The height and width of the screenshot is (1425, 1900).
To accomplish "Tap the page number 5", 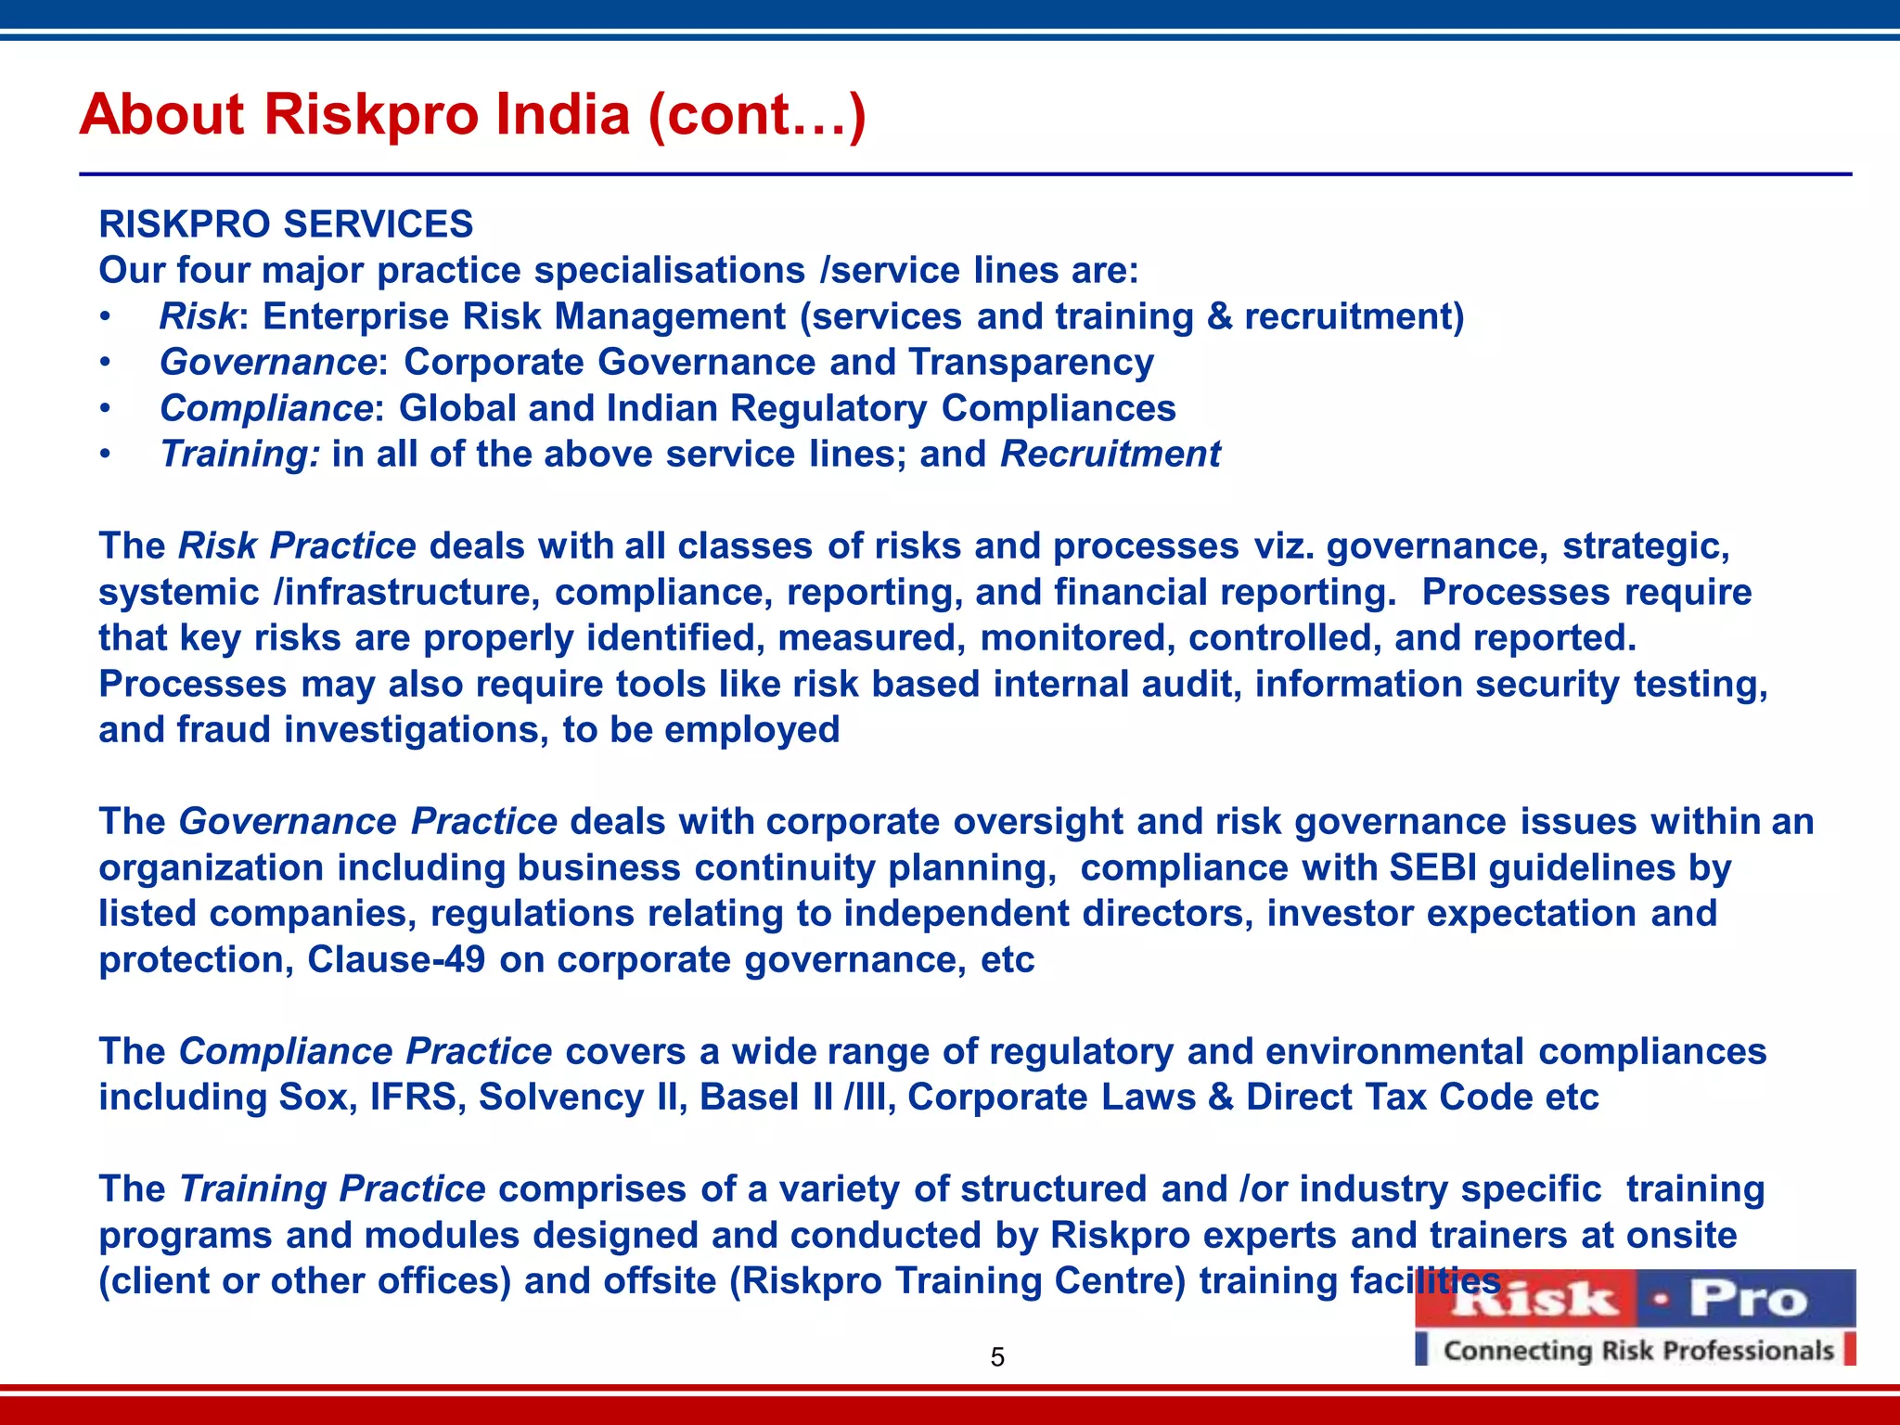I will point(997,1357).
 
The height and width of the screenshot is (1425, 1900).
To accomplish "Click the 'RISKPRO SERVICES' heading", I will point(286,225).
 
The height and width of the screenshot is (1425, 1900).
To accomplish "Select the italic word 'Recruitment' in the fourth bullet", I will point(1110,455).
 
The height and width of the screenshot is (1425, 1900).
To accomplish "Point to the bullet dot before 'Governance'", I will point(107,363).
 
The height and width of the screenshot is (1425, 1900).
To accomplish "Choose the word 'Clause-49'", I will point(396,959).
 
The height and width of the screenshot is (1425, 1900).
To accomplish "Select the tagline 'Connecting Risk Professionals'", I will point(1638,1351).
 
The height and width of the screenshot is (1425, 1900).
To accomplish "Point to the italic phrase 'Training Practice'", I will point(332,1188).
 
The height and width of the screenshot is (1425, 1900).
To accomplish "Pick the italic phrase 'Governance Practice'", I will point(367,822).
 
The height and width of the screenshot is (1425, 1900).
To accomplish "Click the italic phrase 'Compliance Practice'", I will point(366,1051).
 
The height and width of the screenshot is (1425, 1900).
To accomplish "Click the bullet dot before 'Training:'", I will point(107,455).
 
